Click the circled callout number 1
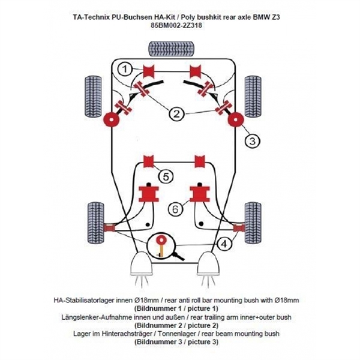pos(124,70)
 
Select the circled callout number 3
pos(251,141)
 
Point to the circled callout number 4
pos(223,244)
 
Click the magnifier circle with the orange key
pos(161,245)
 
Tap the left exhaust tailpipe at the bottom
pos(140,264)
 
